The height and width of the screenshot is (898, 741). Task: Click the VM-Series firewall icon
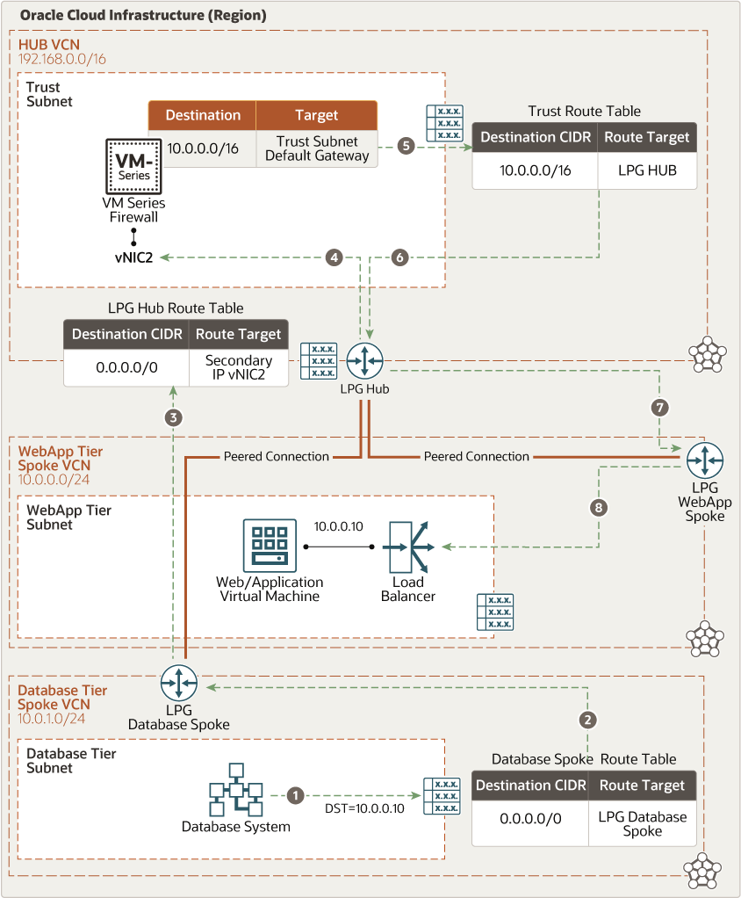tap(133, 165)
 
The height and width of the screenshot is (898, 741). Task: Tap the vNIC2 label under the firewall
tap(133, 257)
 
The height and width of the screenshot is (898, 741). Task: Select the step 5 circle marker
tap(405, 146)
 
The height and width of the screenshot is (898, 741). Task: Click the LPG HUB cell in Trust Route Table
tap(648, 170)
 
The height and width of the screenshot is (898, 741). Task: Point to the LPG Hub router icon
tap(364, 360)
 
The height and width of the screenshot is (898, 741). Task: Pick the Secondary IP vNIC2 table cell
tap(238, 367)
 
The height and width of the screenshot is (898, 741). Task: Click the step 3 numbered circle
tap(174, 417)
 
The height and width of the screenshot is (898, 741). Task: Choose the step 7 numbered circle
tap(660, 407)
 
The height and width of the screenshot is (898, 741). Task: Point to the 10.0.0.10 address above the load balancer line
tap(339, 526)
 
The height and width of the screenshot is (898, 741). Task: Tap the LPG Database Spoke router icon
tap(179, 683)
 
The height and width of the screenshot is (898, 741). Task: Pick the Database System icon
tap(235, 791)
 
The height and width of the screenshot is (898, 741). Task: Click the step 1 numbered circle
tap(296, 794)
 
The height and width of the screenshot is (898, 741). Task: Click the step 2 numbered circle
tap(588, 720)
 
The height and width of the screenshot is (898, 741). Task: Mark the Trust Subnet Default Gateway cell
tap(317, 148)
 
